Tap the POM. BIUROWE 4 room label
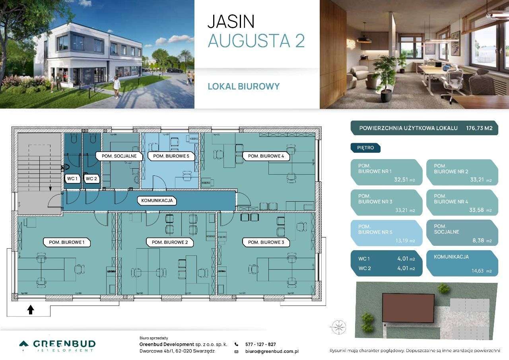[266, 156]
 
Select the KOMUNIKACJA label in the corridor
[157, 200]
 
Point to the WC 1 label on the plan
[72, 179]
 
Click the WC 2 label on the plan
[91, 179]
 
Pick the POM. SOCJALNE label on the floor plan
[119, 156]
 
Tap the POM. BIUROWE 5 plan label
[171, 156]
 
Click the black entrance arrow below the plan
[31, 309]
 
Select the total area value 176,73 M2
[479, 128]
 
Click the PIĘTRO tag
[365, 148]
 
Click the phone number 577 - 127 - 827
[260, 344]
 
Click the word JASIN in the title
[231, 22]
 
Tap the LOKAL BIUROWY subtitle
[244, 86]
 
